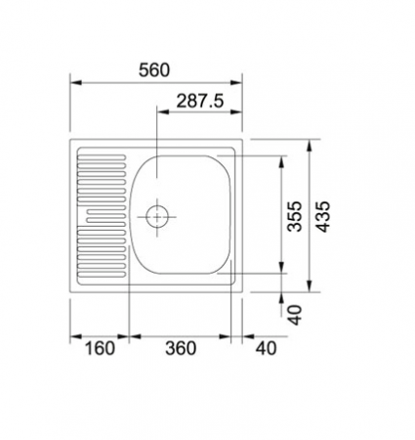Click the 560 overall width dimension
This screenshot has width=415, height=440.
point(154,69)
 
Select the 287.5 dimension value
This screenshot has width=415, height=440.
point(199,100)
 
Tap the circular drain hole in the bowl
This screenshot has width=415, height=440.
point(156,215)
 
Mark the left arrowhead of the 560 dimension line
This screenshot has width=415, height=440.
point(74,83)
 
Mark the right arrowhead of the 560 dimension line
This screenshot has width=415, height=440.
point(243,83)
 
